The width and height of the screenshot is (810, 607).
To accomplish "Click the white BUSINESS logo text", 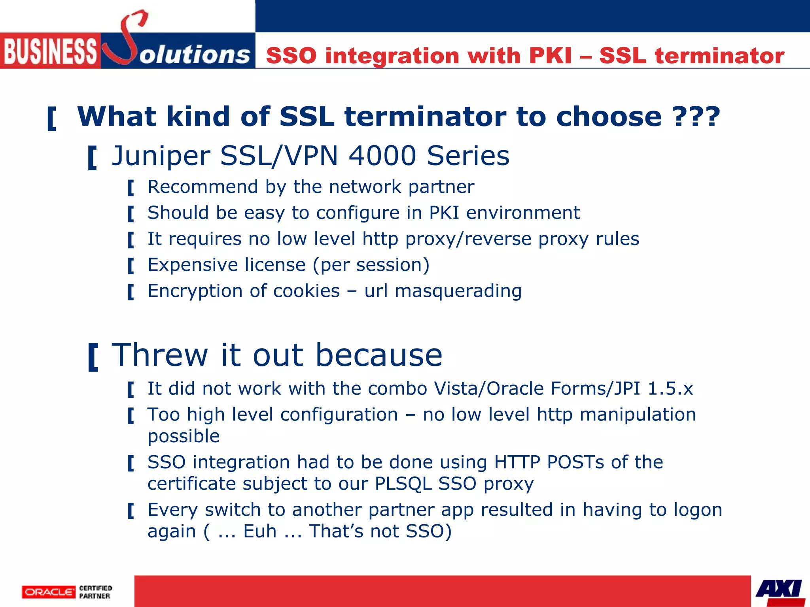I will pyautogui.click(x=50, y=51).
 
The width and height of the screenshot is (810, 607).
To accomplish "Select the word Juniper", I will pyautogui.click(x=161, y=156).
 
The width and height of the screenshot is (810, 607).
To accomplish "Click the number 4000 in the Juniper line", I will pyautogui.click(x=382, y=155).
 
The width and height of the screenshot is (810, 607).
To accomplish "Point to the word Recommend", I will pyautogui.click(x=202, y=187).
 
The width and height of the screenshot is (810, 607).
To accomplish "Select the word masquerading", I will pyautogui.click(x=458, y=291).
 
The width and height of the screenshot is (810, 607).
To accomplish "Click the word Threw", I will pyautogui.click(x=160, y=355).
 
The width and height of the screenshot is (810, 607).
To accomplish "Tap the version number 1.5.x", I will pyautogui.click(x=670, y=388).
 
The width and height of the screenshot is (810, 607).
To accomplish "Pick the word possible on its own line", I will pyautogui.click(x=184, y=436).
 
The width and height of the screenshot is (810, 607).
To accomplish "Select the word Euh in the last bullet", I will pyautogui.click(x=259, y=531).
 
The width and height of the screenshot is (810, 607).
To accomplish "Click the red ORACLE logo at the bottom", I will pyautogui.click(x=49, y=592).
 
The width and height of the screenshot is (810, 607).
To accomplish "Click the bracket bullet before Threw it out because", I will pyautogui.click(x=93, y=357).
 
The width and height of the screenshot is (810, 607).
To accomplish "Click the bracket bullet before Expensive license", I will pyautogui.click(x=131, y=266).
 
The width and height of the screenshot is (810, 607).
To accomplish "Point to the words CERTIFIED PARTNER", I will pyautogui.click(x=95, y=592).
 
